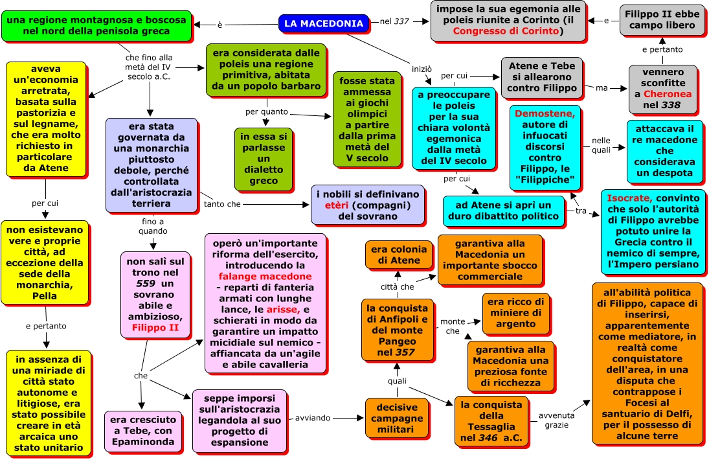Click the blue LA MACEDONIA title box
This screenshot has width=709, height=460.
pos(324,23)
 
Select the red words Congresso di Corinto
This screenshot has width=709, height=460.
pos(506,31)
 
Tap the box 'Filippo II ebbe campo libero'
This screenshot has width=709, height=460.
pos(662,20)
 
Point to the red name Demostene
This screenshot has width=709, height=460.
pos(545,113)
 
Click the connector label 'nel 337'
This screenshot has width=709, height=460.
pos(394,21)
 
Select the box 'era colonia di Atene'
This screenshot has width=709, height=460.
pos(399,255)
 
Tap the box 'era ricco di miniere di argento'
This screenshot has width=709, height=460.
pos(516,313)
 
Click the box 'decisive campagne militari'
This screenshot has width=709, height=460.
pos(397,419)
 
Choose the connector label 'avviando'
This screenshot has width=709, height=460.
pos(313,418)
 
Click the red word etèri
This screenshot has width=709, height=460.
pos(337,205)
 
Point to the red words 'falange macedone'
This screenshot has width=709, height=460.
pos(265,277)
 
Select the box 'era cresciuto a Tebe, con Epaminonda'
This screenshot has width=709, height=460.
pos(143,431)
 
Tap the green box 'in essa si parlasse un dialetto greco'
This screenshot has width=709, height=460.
pos(264,159)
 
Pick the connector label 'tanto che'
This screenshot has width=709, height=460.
pos(222,204)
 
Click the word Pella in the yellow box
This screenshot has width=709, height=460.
pos(44,296)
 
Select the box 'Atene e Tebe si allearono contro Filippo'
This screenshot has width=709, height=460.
pos(542,77)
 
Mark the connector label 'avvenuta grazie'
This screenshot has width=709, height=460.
pos(557,420)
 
